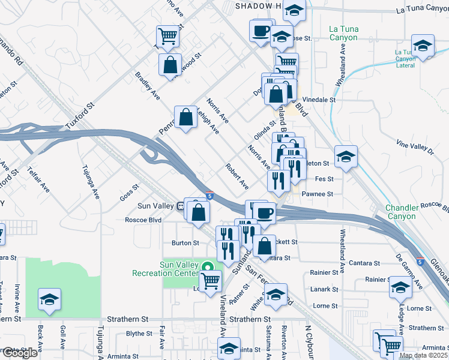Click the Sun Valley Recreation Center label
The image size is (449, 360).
(178, 269)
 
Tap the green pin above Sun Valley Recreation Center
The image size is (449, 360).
(208, 267)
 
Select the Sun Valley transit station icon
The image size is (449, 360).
(180, 206)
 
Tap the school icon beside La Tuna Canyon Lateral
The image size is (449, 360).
(423, 47)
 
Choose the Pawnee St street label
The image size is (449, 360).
(317, 194)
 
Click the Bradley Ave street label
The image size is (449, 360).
(147, 86)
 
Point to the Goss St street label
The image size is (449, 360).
(129, 193)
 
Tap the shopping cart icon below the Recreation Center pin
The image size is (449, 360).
(209, 281)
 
